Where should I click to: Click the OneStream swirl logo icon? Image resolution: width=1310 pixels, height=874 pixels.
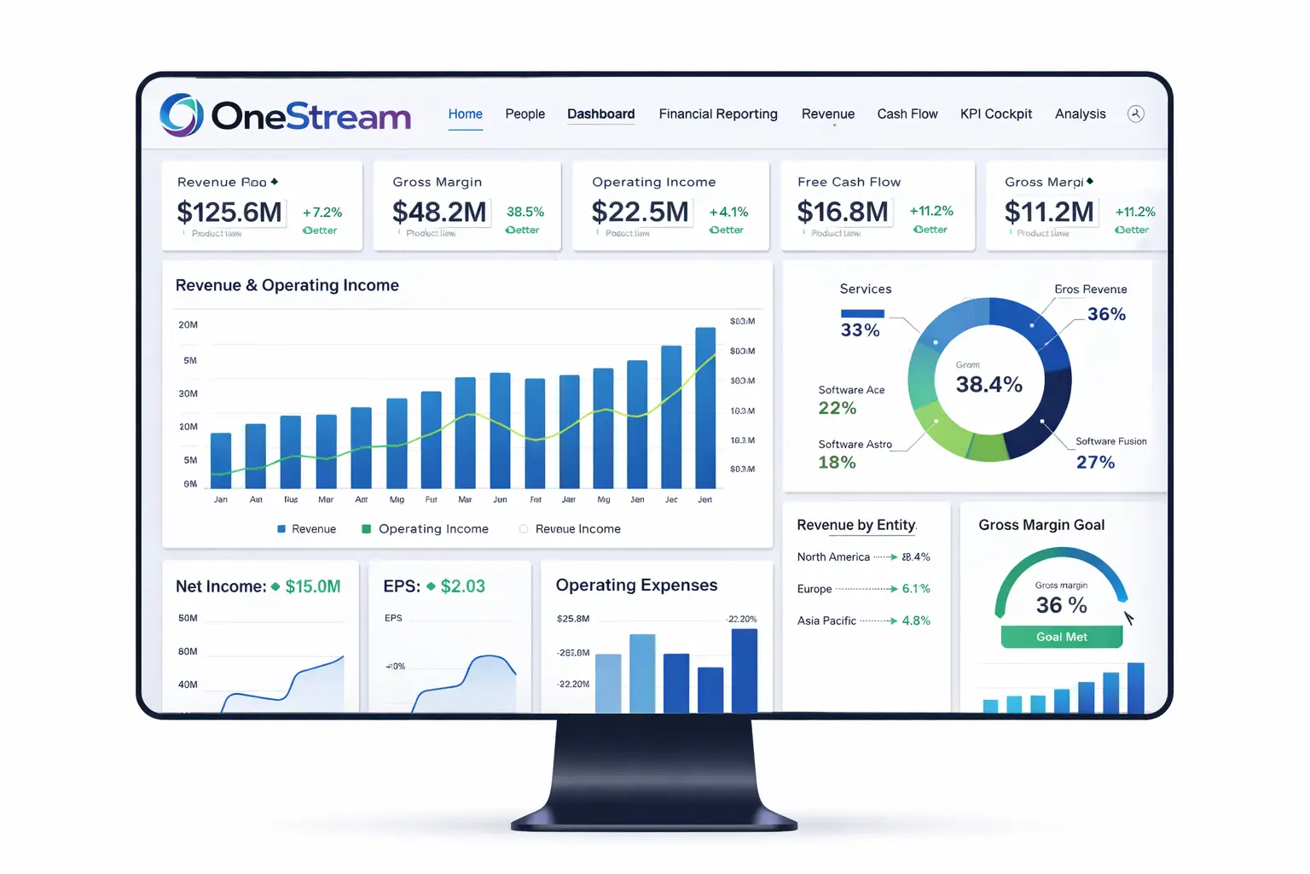point(182,115)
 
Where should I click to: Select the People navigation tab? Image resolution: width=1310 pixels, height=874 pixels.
point(525,114)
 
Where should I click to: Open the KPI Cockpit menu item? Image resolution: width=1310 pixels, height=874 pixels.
point(995,114)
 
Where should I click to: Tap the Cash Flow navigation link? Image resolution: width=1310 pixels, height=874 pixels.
point(907,114)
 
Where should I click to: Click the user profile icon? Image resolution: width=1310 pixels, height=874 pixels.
point(1135,114)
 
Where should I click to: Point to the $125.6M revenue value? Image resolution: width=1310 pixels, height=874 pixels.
point(229,212)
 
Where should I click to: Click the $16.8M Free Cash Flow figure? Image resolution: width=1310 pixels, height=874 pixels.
point(842,212)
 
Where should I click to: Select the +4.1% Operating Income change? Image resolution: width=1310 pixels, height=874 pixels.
point(728,212)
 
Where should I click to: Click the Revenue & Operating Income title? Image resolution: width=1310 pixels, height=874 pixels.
point(287,285)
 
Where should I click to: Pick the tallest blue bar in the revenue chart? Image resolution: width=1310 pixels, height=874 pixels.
point(705,408)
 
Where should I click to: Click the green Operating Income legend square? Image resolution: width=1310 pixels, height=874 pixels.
point(367,529)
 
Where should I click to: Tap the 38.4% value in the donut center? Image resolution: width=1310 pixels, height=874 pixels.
point(988,385)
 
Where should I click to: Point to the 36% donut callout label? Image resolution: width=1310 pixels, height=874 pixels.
point(1106,314)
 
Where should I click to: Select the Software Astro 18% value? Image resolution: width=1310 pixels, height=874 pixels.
point(837,463)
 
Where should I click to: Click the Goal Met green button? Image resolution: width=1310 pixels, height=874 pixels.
point(1061,637)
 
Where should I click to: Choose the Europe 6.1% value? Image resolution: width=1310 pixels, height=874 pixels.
point(916,589)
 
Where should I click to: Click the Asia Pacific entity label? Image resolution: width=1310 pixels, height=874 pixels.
point(826,621)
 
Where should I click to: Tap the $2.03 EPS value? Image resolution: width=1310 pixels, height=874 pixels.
point(462,586)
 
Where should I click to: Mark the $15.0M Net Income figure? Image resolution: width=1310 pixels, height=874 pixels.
point(312,586)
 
